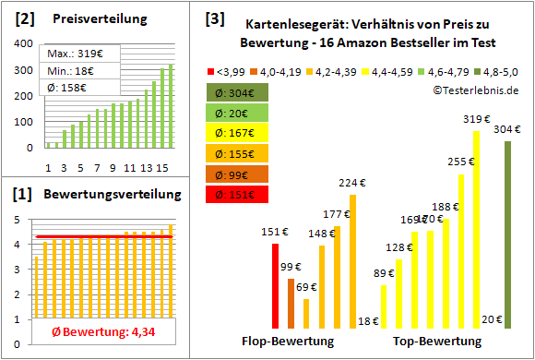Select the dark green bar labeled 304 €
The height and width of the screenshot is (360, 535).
[x=507, y=234]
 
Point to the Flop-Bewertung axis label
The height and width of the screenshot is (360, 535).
[x=287, y=342]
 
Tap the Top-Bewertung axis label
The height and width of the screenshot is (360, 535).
[x=437, y=342]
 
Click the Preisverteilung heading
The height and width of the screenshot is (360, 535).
[x=90, y=18]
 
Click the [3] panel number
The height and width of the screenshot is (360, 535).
[x=215, y=18]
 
